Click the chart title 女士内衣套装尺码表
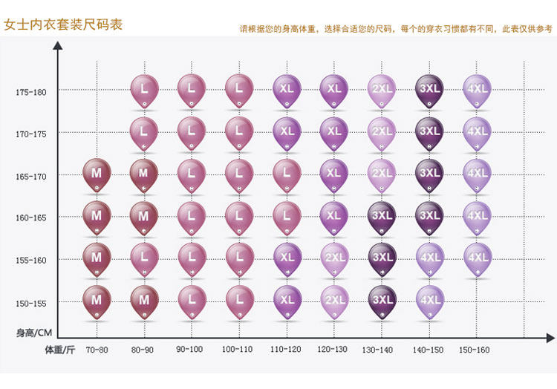pyautogui.click(x=63, y=24)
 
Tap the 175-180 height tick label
pyautogui.click(x=30, y=93)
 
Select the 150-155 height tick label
pyautogui.click(x=30, y=304)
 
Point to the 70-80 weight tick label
pyautogui.click(x=97, y=349)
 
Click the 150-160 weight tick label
pyautogui.click(x=475, y=349)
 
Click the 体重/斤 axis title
pyautogui.click(x=59, y=349)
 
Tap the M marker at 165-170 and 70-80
pyautogui.click(x=97, y=172)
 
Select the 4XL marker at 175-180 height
pyautogui.click(x=477, y=88)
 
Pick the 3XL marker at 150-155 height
pyautogui.click(x=382, y=299)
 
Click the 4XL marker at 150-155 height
pyautogui.click(x=429, y=299)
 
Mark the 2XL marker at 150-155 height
pyautogui.click(x=334, y=299)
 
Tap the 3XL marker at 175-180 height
pyautogui.click(x=429, y=88)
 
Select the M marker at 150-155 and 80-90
pyautogui.click(x=144, y=299)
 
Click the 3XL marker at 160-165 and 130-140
pyautogui.click(x=382, y=215)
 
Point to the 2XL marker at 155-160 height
pyautogui.click(x=334, y=257)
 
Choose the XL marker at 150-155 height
pyautogui.click(x=287, y=299)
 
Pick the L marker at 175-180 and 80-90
pyautogui.click(x=144, y=88)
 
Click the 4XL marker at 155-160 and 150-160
pyautogui.click(x=477, y=257)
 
